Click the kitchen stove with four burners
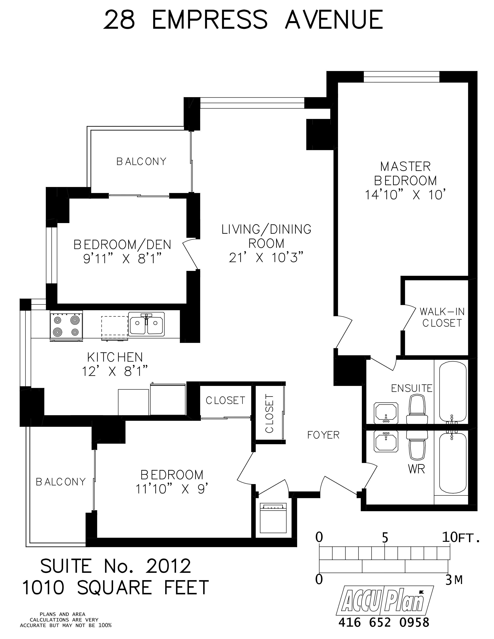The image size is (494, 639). pyautogui.click(x=66, y=326)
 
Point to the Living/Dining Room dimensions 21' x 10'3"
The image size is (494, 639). pyautogui.click(x=266, y=258)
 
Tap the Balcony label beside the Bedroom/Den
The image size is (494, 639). pyautogui.click(x=141, y=161)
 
